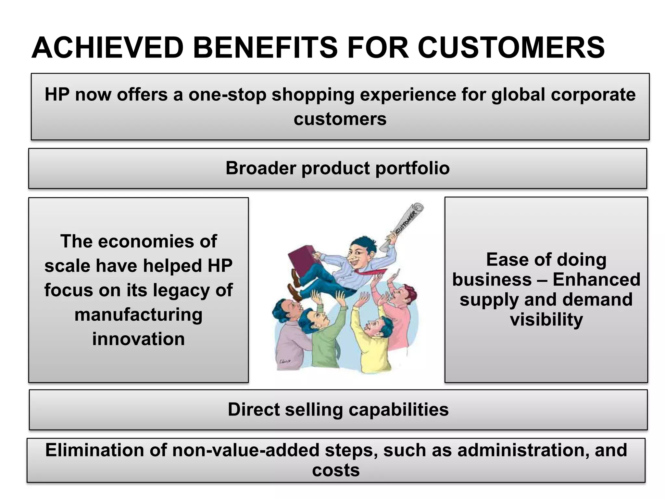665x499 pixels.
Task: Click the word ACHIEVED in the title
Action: [x=107, y=48]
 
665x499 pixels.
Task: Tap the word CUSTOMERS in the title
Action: [x=511, y=48]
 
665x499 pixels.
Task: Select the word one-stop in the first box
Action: [x=227, y=95]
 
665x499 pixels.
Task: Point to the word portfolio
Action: [x=412, y=168]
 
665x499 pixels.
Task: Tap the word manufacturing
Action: [x=138, y=314]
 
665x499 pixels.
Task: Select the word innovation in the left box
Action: [x=138, y=339]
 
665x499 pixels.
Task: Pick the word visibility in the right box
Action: [x=546, y=320]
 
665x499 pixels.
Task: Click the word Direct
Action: [x=253, y=409]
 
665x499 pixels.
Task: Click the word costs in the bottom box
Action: [x=336, y=470]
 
